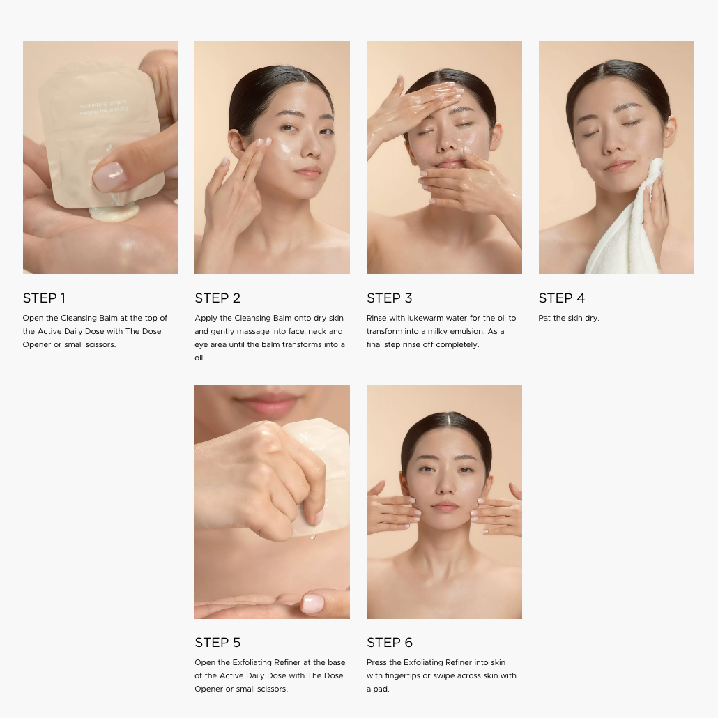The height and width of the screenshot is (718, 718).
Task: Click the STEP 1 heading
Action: [44, 298]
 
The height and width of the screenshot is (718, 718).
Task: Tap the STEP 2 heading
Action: [217, 298]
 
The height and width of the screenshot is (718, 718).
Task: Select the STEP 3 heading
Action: [389, 298]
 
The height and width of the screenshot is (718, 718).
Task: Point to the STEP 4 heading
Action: [561, 298]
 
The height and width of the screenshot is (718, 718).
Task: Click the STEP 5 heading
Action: [217, 643]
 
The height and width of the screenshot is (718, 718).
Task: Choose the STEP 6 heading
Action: [389, 643]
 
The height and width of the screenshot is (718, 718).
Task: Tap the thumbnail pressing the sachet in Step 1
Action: [109, 177]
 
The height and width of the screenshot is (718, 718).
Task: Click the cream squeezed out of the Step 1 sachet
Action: [114, 213]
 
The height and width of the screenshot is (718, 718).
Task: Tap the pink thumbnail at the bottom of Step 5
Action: [312, 603]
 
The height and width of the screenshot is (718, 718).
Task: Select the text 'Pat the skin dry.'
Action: [569, 318]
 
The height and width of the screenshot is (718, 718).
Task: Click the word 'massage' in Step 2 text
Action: [250, 331]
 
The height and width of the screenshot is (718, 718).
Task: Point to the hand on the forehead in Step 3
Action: [412, 107]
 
